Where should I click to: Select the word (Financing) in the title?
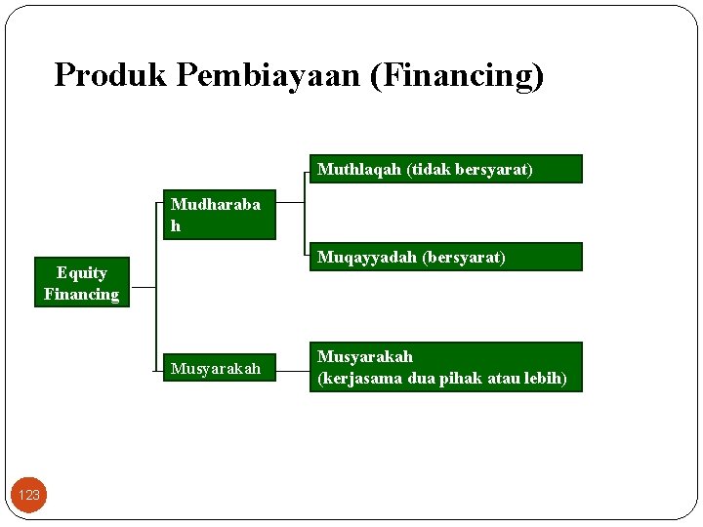tap(457, 74)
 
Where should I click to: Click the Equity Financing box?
tap(81, 283)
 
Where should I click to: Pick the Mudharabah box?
tap(219, 216)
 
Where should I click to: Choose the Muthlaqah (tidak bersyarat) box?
tap(445, 169)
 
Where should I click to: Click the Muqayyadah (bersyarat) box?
tap(445, 257)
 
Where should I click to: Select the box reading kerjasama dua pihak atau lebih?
tap(445, 367)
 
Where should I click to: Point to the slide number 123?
tap(29, 495)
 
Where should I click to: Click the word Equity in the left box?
tap(81, 272)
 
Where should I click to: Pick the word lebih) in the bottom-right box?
tap(545, 378)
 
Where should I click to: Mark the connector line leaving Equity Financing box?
tap(143, 288)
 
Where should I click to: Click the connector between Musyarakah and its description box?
tap(291, 368)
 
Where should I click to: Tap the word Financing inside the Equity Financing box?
tap(81, 294)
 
